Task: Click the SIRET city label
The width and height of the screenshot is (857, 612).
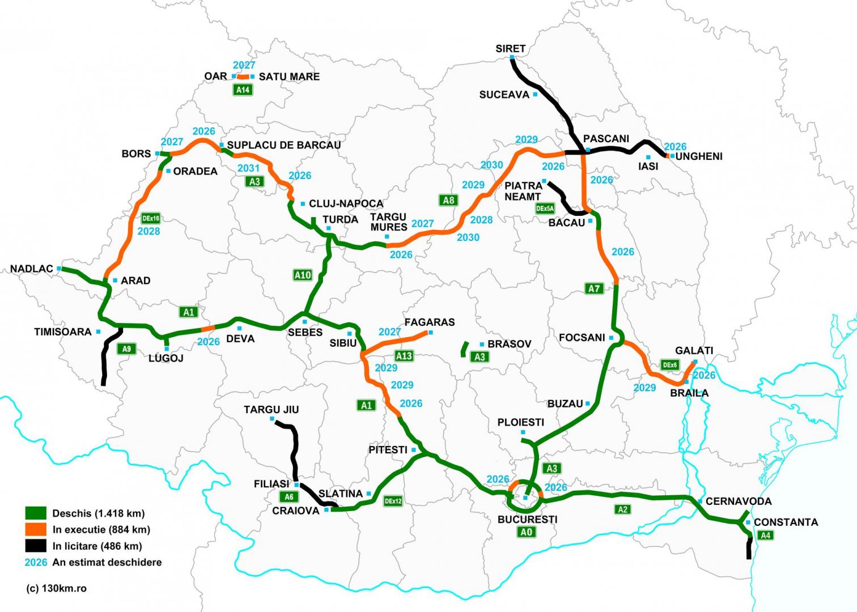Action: click(x=510, y=49)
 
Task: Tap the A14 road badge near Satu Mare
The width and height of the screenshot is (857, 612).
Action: click(x=243, y=90)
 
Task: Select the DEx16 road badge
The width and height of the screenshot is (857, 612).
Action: click(x=151, y=218)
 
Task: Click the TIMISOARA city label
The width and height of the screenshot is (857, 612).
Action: click(x=62, y=332)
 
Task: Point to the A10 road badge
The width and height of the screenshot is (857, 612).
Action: click(x=303, y=275)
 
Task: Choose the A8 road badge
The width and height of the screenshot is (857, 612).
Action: click(x=448, y=200)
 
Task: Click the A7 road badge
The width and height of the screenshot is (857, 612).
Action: click(x=593, y=288)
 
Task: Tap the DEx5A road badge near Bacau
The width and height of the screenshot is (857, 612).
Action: click(x=545, y=209)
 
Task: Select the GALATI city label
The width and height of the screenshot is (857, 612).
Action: click(x=694, y=351)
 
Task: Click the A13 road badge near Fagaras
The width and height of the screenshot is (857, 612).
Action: click(x=404, y=356)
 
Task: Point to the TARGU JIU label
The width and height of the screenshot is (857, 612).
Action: click(x=271, y=410)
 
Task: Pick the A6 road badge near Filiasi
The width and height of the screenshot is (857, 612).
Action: click(x=289, y=497)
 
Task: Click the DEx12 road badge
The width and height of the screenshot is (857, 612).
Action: click(x=393, y=501)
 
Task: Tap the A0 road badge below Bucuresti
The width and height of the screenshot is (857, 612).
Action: click(x=527, y=532)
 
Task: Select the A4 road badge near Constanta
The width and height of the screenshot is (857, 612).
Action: click(x=765, y=535)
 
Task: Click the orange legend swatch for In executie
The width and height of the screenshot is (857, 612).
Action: click(x=36, y=529)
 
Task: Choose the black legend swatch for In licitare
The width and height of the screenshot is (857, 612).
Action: click(x=36, y=546)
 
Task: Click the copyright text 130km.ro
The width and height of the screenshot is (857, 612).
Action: click(x=57, y=588)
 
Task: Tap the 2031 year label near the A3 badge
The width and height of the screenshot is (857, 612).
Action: click(x=248, y=168)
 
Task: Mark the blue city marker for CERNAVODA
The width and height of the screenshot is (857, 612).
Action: click(x=701, y=501)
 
